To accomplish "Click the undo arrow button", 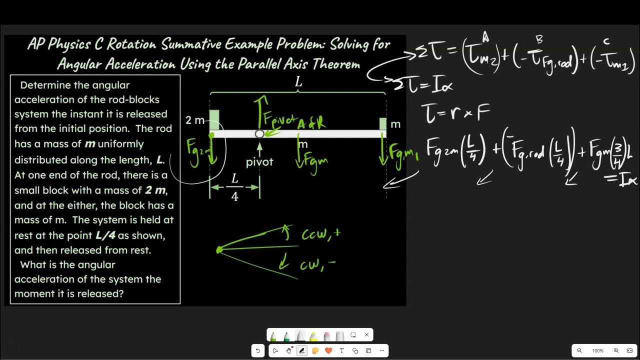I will (x=258, y=351).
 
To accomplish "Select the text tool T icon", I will (x=342, y=351).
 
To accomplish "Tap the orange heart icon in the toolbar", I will (x=328, y=351).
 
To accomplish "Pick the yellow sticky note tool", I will (x=315, y=351).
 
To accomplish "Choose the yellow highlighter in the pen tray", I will (x=313, y=335).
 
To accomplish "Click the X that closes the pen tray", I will (x=366, y=335).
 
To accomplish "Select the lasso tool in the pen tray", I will (x=353, y=335).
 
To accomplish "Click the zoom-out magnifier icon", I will (x=579, y=351).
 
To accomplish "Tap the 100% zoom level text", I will (x=597, y=351).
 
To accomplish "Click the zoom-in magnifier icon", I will (x=616, y=351).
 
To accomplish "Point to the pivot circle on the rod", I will (x=259, y=133).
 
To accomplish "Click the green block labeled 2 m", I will (x=214, y=120).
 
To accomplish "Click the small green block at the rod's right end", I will (x=383, y=123).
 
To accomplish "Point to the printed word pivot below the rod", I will (x=259, y=162).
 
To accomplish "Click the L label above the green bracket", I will (x=298, y=82).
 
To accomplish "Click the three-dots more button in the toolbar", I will (x=382, y=351).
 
